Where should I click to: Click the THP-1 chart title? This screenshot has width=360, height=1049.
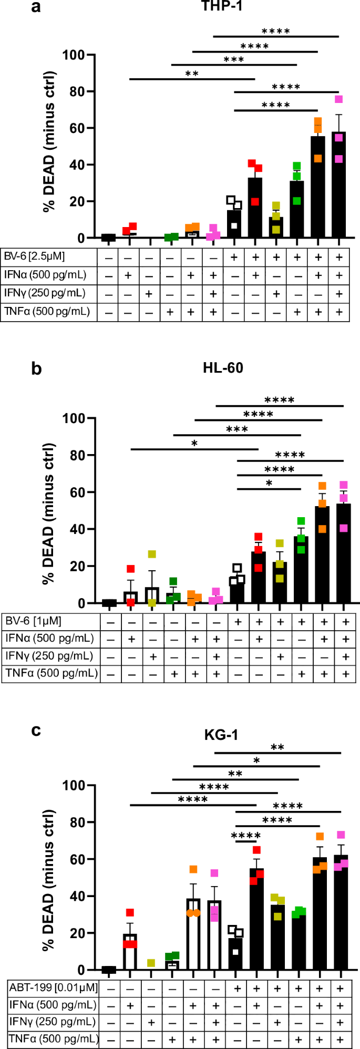tap(222, 6)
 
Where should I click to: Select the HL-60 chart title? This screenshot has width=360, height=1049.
tap(223, 368)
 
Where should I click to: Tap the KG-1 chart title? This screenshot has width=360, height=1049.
tap(221, 734)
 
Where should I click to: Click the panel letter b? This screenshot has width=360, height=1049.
tap(36, 368)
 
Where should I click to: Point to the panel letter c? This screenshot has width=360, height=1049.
tap(36, 731)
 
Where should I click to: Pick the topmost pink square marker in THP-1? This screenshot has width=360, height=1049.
tap(339, 99)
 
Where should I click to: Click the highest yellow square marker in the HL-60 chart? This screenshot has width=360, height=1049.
tap(152, 554)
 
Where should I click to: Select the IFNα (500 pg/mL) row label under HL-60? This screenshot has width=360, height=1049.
tap(50, 639)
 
